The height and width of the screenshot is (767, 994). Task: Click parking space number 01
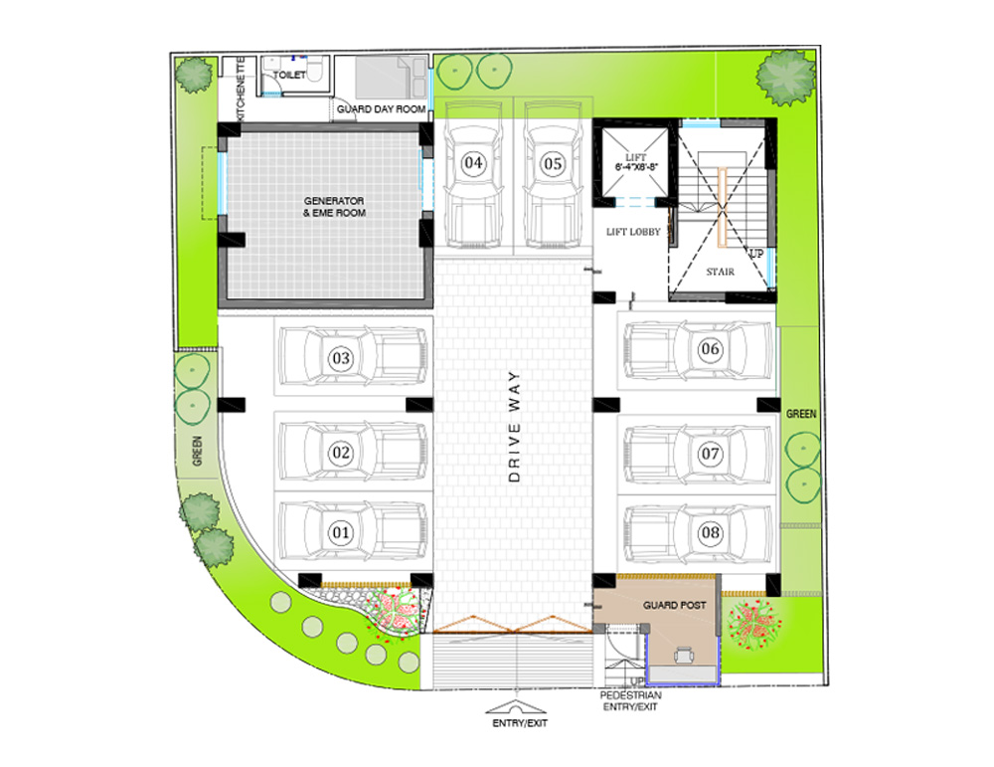coord(341,531)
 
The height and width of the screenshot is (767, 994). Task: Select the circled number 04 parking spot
coord(473,163)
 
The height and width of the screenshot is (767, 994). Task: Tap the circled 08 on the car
coord(710,532)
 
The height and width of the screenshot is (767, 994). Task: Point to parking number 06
coord(710,348)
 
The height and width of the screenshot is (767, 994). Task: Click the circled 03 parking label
coord(341,358)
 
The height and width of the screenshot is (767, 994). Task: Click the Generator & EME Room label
coord(334,207)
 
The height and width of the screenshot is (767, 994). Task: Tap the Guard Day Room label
coord(381,109)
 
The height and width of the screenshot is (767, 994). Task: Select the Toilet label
coord(289,75)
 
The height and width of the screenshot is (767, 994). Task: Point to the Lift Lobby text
coord(633,232)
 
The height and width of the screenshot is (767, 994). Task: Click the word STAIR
coord(720,272)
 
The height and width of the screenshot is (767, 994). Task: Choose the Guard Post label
coord(675,605)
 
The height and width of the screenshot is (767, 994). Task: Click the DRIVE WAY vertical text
coord(514,427)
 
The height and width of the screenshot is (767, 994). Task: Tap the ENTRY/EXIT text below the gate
coord(520,723)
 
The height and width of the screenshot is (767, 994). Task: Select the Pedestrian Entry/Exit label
coord(630,701)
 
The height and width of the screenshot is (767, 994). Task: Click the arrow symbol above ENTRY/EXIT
coord(516,707)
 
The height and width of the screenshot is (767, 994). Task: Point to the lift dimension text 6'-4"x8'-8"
coord(636,167)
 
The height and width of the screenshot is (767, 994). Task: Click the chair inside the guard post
coord(684,654)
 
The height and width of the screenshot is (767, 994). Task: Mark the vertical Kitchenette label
coord(241,90)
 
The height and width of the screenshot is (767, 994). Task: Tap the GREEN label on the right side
coord(801,414)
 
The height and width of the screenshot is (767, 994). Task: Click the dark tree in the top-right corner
coord(786,77)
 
